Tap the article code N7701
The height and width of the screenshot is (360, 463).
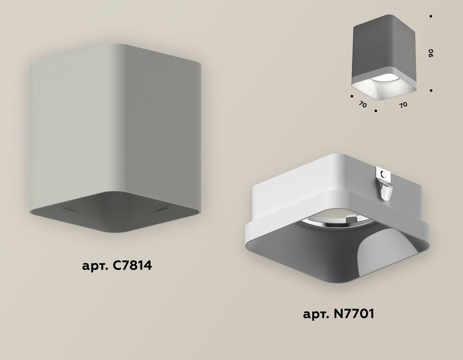[351, 315]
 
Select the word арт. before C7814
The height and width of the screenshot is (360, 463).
[94, 267]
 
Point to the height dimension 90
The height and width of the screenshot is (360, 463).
[431, 53]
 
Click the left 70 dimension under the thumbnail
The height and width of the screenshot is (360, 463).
[363, 105]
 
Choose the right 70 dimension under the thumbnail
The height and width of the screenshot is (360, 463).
[403, 105]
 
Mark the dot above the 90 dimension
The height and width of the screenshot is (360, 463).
[431, 17]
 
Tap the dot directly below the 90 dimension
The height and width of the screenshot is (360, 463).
[431, 91]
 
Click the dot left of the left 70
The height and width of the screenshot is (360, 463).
[352, 97]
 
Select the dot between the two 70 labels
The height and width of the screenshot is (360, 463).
[376, 111]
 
